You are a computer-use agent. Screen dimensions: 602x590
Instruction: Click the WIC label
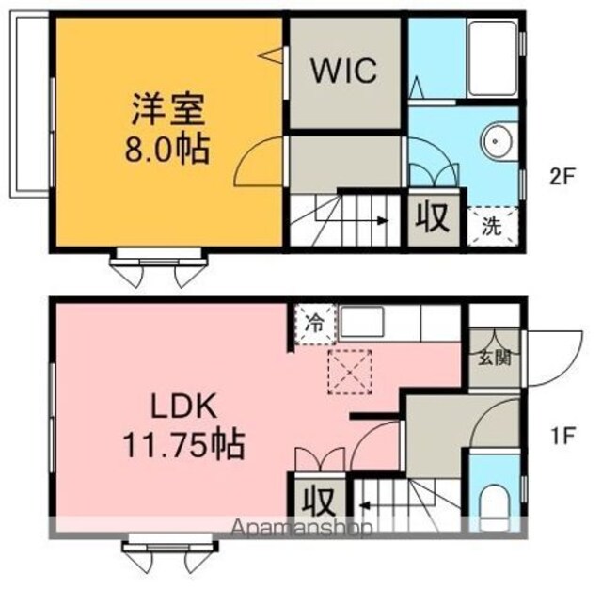pyautogui.click(x=343, y=71)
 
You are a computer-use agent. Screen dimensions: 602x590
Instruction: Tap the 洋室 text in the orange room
pyautogui.click(x=167, y=109)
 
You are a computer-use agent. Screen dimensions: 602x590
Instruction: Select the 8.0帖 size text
pyautogui.click(x=167, y=149)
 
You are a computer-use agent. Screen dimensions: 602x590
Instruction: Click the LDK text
pyautogui.click(x=184, y=407)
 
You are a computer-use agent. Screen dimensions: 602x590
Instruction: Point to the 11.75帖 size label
pyautogui.click(x=184, y=445)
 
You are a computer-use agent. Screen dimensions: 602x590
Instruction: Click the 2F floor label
pyautogui.click(x=562, y=177)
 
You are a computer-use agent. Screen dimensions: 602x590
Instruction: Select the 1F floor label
pyautogui.click(x=562, y=437)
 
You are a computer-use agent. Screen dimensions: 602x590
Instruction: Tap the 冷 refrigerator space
pyautogui.click(x=316, y=324)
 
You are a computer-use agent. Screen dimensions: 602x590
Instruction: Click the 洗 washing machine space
pyautogui.click(x=492, y=226)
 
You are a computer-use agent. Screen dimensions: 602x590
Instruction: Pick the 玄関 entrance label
pyautogui.click(x=495, y=359)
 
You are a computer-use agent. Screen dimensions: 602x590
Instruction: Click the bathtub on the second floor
pyautogui.click(x=493, y=58)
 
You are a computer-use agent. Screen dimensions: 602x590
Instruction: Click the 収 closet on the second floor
pyautogui.click(x=433, y=217)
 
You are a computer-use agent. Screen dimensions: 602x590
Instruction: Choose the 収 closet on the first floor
pyautogui.click(x=317, y=502)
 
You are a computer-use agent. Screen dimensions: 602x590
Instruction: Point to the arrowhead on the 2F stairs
pyautogui.click(x=383, y=221)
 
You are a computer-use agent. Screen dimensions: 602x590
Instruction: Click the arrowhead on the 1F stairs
pyautogui.click(x=364, y=505)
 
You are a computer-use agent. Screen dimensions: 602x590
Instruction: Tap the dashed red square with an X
pyautogui.click(x=350, y=373)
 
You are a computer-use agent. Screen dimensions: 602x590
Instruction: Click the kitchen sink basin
pyautogui.click(x=361, y=322)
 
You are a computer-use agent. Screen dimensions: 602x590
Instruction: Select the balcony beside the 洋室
pyautogui.click(x=29, y=104)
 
